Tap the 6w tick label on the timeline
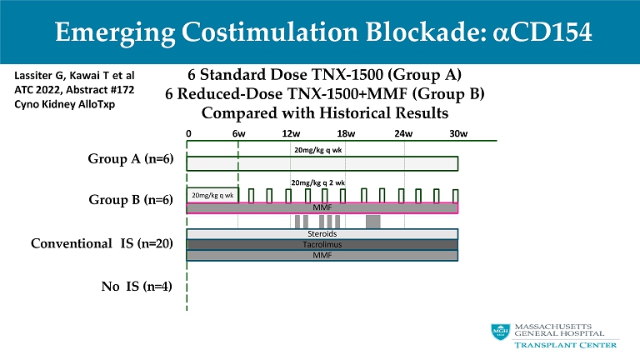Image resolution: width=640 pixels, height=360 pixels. pyautogui.click(x=238, y=132)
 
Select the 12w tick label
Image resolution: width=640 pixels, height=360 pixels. pyautogui.click(x=292, y=132)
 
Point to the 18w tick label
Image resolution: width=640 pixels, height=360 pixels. pyautogui.click(x=346, y=132)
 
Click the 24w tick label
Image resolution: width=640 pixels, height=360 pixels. pyautogui.click(x=403, y=132)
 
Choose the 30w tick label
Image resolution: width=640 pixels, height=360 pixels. pyautogui.click(x=457, y=132)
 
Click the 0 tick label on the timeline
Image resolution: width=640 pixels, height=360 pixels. pyautogui.click(x=189, y=132)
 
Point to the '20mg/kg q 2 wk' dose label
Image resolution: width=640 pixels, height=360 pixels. pyautogui.click(x=317, y=181)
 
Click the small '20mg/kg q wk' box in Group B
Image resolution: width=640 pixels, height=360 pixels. pyautogui.click(x=212, y=195)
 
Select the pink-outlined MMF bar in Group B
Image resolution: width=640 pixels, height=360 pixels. pyautogui.click(x=322, y=207)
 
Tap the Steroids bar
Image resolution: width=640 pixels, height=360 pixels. pyautogui.click(x=322, y=235)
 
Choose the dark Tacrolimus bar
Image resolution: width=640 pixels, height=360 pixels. pyautogui.click(x=322, y=245)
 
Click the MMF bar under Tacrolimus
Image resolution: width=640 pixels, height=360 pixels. pyautogui.click(x=322, y=255)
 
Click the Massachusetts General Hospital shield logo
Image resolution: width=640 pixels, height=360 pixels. pyautogui.click(x=498, y=332)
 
